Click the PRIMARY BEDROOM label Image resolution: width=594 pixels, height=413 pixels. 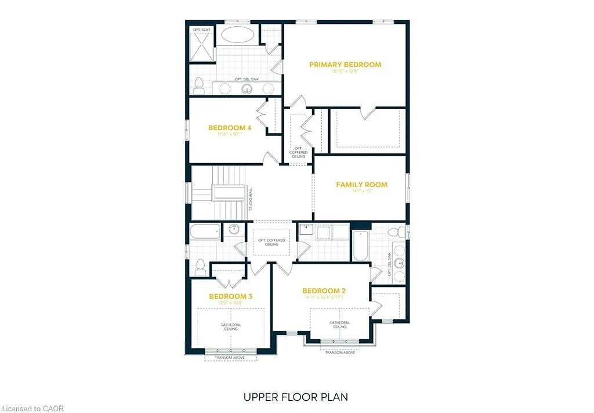(x=345, y=64)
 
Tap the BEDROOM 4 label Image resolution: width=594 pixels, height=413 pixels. (x=230, y=128)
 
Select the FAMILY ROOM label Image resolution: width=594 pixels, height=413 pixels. (x=361, y=185)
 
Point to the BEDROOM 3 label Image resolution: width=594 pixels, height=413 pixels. (x=231, y=296)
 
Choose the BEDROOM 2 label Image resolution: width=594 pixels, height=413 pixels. (x=324, y=290)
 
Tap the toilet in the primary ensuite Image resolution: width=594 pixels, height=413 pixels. (x=198, y=86)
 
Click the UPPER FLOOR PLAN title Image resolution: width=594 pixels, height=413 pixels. (x=296, y=397)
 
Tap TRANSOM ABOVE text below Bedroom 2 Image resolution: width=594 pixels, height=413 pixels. (x=339, y=353)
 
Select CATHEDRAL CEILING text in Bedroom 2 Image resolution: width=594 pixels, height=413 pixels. (x=339, y=325)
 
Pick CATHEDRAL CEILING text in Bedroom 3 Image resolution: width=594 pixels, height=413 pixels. (x=230, y=327)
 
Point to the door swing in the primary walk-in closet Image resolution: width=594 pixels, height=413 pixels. (x=367, y=113)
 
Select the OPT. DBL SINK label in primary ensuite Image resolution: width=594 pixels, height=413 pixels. (x=247, y=79)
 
